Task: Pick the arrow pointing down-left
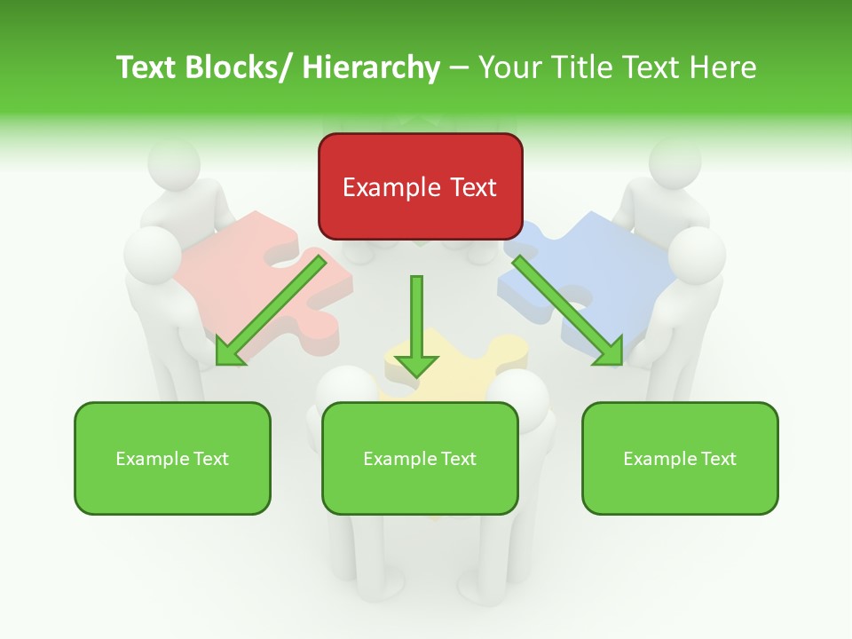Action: click(x=270, y=310)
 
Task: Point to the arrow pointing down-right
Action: click(x=567, y=310)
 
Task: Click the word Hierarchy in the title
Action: click(x=370, y=67)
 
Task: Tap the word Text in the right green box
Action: click(x=717, y=459)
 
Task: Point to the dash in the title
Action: click(x=460, y=67)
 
